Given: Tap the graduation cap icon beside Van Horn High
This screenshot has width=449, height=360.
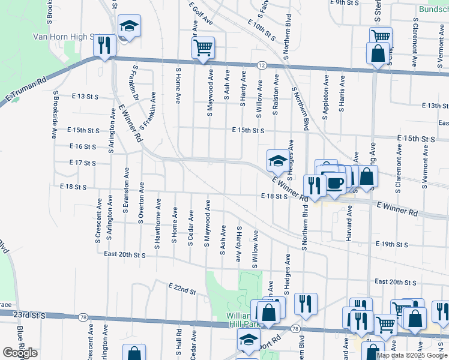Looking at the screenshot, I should coord(129,26).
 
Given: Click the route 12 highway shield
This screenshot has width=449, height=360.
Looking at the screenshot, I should coord(262,64).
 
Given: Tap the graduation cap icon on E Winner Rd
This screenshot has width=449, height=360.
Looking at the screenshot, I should coord(277,161).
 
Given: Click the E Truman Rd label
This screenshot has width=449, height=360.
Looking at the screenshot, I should coord(25,89).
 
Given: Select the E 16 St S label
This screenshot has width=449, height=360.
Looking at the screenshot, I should coord(83,146).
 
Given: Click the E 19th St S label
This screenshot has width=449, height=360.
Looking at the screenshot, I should coord(391,245).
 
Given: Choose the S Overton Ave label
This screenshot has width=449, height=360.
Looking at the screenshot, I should coord(141,202).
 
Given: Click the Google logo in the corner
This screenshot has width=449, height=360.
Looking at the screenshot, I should coord(20,353).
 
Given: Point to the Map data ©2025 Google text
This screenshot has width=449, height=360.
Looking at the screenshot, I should coord(411,355).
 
